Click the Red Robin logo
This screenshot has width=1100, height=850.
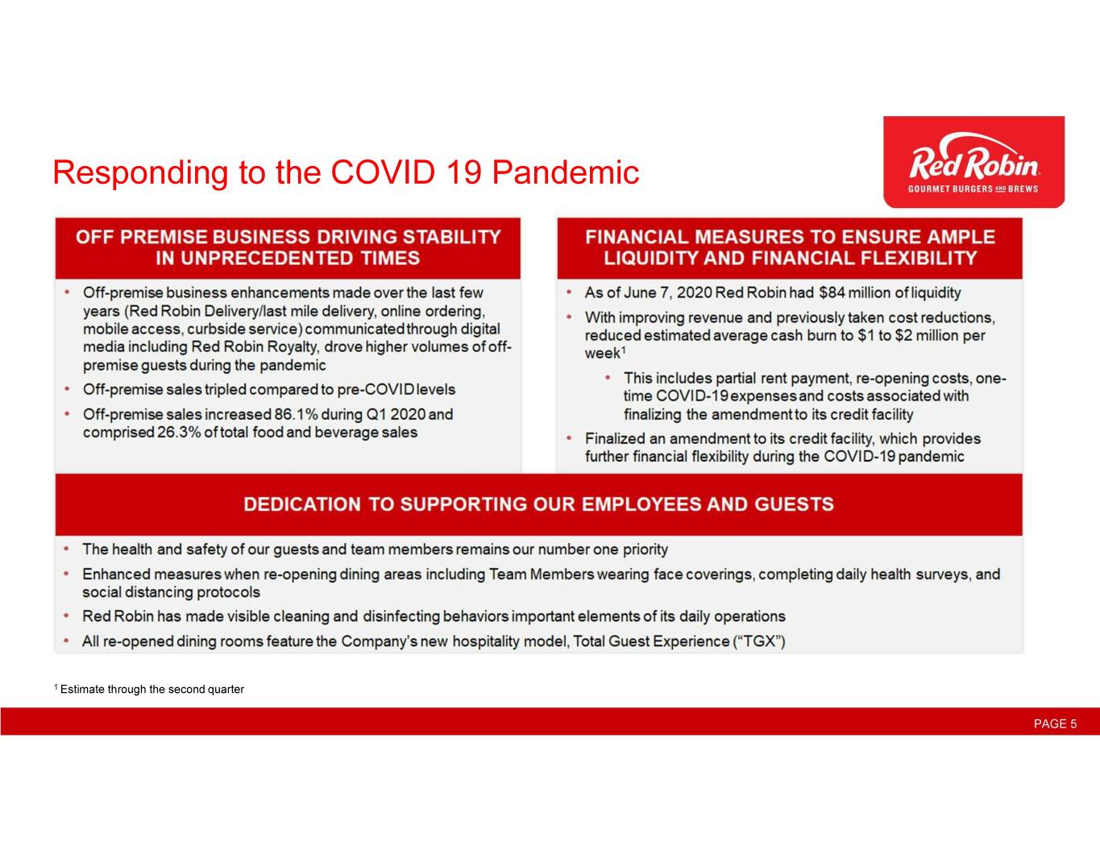tap(973, 162)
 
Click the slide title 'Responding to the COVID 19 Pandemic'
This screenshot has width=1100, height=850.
tap(346, 172)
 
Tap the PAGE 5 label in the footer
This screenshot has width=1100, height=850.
tap(1055, 724)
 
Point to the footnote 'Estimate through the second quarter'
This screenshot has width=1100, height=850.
tap(152, 690)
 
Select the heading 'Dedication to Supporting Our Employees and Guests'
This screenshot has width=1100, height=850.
tap(538, 504)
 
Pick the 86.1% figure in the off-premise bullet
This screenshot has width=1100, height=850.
tap(296, 414)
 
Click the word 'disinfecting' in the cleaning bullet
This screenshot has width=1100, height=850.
tap(401, 616)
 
